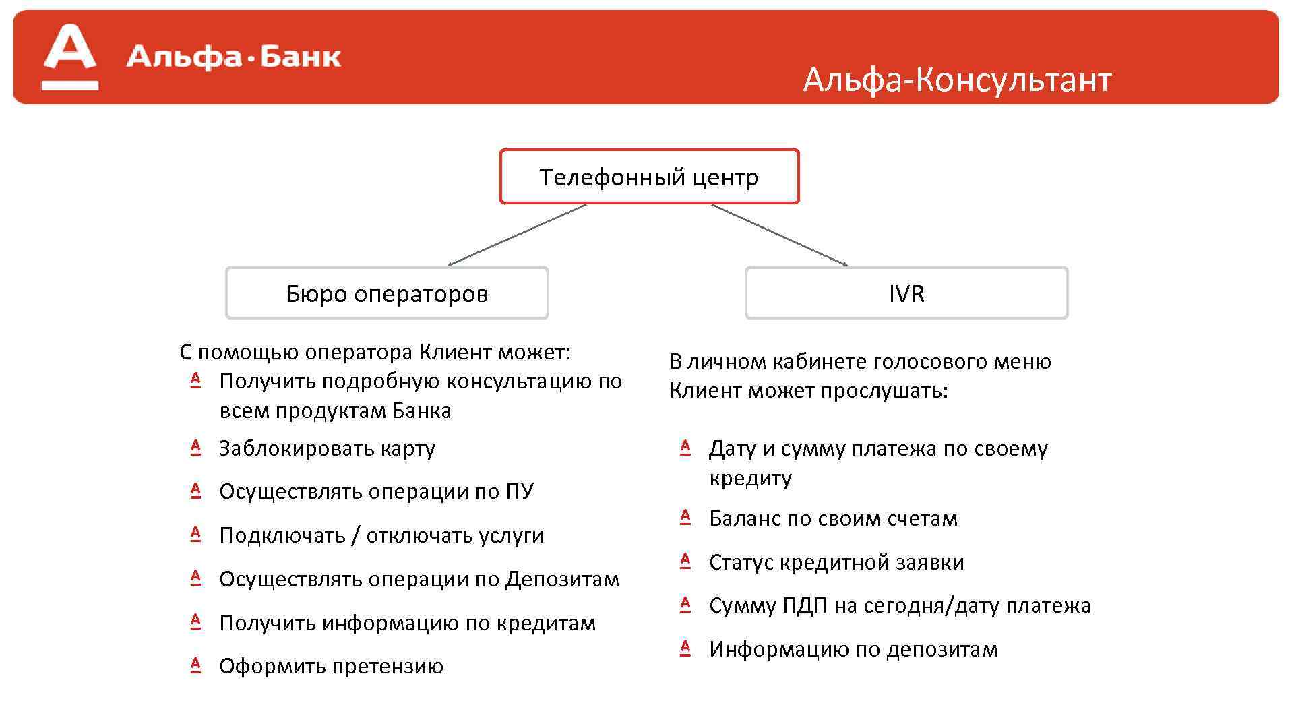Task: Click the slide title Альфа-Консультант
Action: [956, 80]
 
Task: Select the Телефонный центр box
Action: [649, 177]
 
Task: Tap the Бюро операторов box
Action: [387, 293]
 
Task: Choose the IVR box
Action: [906, 293]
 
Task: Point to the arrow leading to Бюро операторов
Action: [517, 235]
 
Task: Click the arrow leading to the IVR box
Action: [779, 235]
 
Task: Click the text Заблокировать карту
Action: [327, 448]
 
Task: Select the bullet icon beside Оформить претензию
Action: [195, 665]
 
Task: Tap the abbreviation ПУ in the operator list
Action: [519, 491]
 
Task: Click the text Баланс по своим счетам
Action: [833, 518]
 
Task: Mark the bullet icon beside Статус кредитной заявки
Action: [685, 561]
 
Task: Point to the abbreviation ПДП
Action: [805, 605]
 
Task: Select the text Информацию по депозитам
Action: [853, 649]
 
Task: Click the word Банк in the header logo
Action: [300, 57]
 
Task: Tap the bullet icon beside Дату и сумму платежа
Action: [685, 448]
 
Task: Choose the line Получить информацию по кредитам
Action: [407, 623]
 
